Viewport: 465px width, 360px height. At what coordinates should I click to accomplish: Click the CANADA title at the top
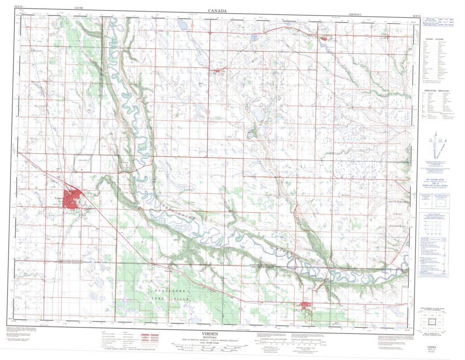click(217, 11)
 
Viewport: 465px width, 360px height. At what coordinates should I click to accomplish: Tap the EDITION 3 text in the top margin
click(355, 14)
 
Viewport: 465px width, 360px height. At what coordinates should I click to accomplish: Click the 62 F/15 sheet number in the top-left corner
click(19, 7)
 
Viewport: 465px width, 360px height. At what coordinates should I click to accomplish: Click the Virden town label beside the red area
click(57, 197)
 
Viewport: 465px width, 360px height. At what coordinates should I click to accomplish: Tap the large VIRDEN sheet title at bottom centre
click(210, 334)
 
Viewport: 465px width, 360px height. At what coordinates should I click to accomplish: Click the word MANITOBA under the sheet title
click(210, 337)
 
